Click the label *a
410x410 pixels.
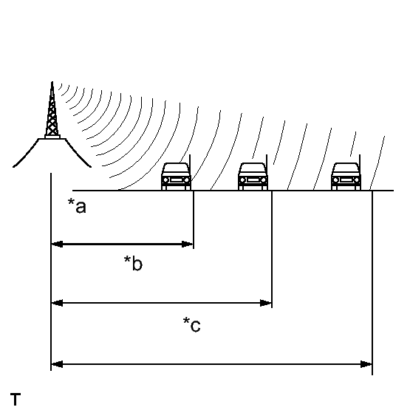[77, 206]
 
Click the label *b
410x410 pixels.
[134, 263]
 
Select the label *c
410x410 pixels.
[192, 324]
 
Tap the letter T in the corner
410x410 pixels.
[16, 399]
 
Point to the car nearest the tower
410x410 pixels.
[176, 177]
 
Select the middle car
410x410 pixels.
[253, 177]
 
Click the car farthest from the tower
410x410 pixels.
[346, 177]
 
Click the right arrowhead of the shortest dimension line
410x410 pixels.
[188, 245]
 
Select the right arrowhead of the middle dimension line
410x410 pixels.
[266, 303]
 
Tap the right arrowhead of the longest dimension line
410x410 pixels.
[366, 364]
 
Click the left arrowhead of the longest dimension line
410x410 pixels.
[57, 364]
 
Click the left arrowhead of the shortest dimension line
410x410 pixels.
[57, 245]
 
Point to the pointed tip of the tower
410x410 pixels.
[52, 82]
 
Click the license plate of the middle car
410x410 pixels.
[253, 180]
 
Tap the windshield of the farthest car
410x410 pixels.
[346, 168]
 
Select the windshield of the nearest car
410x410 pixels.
[176, 168]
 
